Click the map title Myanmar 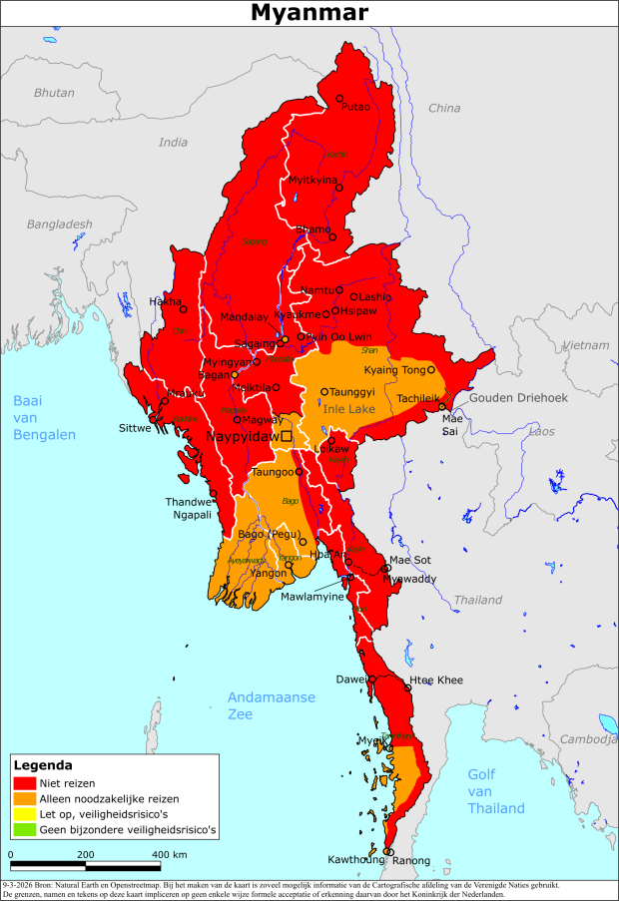[309, 13]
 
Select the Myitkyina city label [312, 180]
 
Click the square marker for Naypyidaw [287, 436]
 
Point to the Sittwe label [136, 427]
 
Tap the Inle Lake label [348, 409]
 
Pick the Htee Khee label [436, 679]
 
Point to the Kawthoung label [356, 859]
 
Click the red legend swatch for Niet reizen [25, 783]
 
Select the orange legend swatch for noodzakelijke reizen [25, 799]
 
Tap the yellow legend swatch [25, 814]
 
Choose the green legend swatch [25, 829]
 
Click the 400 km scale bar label [170, 855]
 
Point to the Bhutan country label [54, 92]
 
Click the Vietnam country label [585, 344]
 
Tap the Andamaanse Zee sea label [271, 705]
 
